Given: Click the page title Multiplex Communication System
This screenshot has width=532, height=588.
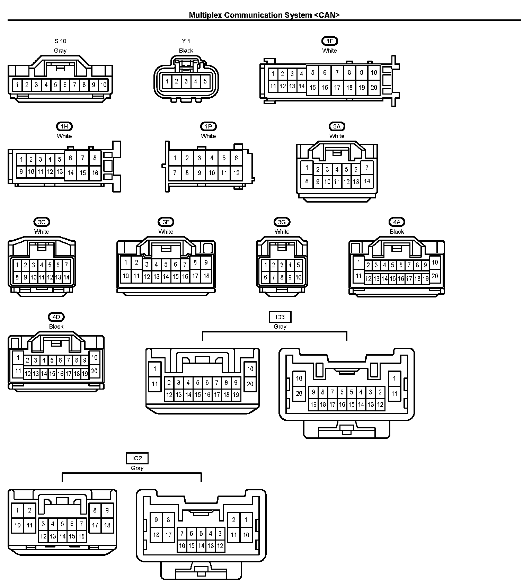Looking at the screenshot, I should click(264, 15).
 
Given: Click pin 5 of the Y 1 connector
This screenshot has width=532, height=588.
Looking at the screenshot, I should click(205, 82).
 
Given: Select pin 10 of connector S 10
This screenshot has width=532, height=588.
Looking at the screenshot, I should click(103, 84).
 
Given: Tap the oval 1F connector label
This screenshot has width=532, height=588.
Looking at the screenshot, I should click(329, 41).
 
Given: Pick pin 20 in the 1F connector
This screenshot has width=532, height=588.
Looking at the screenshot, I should click(374, 87).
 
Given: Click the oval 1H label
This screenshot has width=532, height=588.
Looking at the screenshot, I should click(64, 127).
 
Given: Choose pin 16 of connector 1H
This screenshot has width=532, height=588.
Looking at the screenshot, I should click(95, 172).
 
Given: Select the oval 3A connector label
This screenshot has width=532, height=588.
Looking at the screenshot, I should click(337, 127).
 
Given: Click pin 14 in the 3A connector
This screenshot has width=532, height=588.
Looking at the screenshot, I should click(367, 181).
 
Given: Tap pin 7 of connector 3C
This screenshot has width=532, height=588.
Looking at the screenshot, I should click(66, 265).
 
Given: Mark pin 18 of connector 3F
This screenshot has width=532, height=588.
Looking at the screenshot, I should click(206, 276).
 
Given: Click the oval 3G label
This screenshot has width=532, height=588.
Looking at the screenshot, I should click(282, 222).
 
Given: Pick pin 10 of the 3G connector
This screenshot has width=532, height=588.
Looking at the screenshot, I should click(298, 277).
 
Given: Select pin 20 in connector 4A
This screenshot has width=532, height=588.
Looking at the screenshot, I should click(435, 276).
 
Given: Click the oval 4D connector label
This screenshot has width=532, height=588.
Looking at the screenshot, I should click(56, 317).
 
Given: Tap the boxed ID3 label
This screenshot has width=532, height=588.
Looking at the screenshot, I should click(280, 317).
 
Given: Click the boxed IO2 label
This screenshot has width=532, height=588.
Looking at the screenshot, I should click(137, 458).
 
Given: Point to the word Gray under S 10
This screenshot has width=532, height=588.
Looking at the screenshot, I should click(60, 51).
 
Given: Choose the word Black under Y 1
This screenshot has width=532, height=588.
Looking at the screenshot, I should click(186, 51).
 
